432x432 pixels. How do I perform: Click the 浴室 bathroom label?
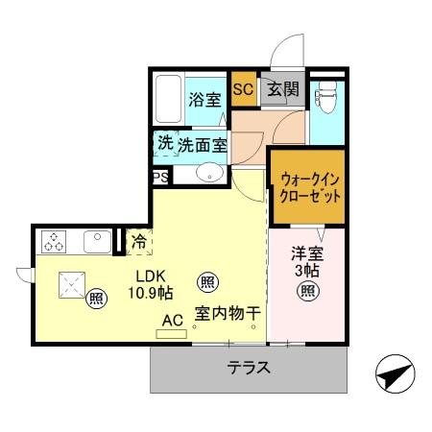pyautogui.click(x=204, y=99)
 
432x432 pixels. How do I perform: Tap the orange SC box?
pyautogui.click(x=243, y=90)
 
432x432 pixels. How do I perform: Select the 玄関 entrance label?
pyautogui.click(x=283, y=91)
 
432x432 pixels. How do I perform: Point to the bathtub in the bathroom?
pyautogui.click(x=169, y=99)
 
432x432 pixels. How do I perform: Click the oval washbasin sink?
pyautogui.click(x=210, y=174)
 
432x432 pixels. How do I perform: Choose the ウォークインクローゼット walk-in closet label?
pyautogui.click(x=305, y=186)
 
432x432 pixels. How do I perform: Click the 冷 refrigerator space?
pyautogui.click(x=139, y=242)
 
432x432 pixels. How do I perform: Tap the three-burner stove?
pyautogui.click(x=55, y=241)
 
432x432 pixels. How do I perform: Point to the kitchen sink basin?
pyautogui.click(x=97, y=240)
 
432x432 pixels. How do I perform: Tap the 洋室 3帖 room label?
pyautogui.click(x=306, y=261)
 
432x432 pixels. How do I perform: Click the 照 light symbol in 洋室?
pyautogui.click(x=306, y=292)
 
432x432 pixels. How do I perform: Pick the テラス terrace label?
pyautogui.click(x=248, y=368)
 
